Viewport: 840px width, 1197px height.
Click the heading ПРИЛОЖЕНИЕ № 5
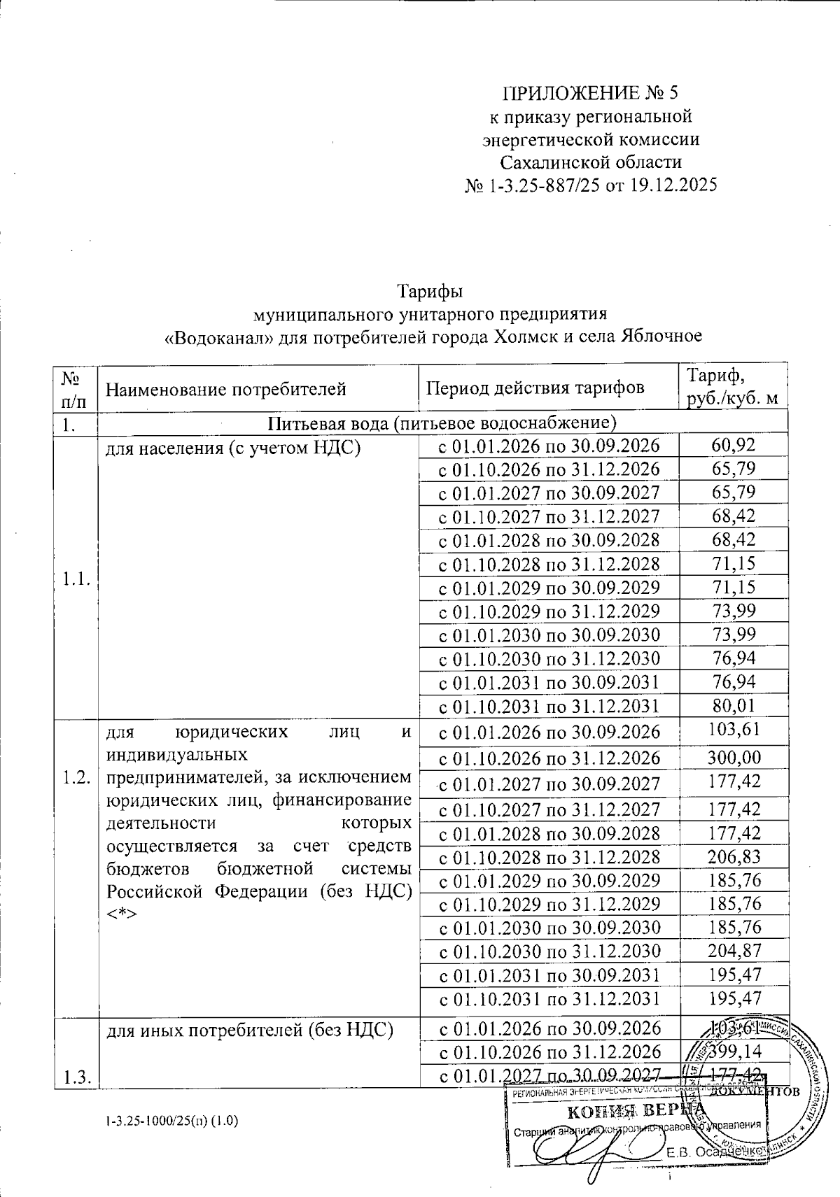click(x=591, y=93)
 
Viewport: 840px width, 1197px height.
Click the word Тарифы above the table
click(x=431, y=290)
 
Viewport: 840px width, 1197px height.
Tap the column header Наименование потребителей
click(x=225, y=388)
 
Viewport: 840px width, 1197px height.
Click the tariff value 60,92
click(x=733, y=445)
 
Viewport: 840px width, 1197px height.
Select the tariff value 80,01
click(x=733, y=705)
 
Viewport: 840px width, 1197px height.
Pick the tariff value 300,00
click(x=734, y=758)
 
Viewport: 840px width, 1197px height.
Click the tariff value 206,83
click(x=734, y=856)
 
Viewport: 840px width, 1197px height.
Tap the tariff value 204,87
click(x=734, y=951)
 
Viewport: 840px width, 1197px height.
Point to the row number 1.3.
click(x=74, y=1078)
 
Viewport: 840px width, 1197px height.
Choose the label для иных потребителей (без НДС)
click(x=248, y=1029)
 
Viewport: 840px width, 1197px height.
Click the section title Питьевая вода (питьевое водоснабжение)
click(x=442, y=423)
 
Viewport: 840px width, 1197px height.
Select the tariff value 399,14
click(x=734, y=1051)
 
